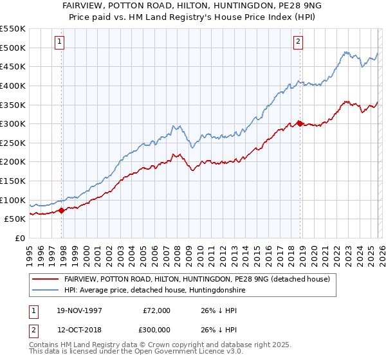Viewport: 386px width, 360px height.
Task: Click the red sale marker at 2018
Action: coord(300,123)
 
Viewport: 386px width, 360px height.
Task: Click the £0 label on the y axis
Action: coord(19,238)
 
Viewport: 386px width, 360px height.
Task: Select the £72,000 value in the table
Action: coord(156,310)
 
